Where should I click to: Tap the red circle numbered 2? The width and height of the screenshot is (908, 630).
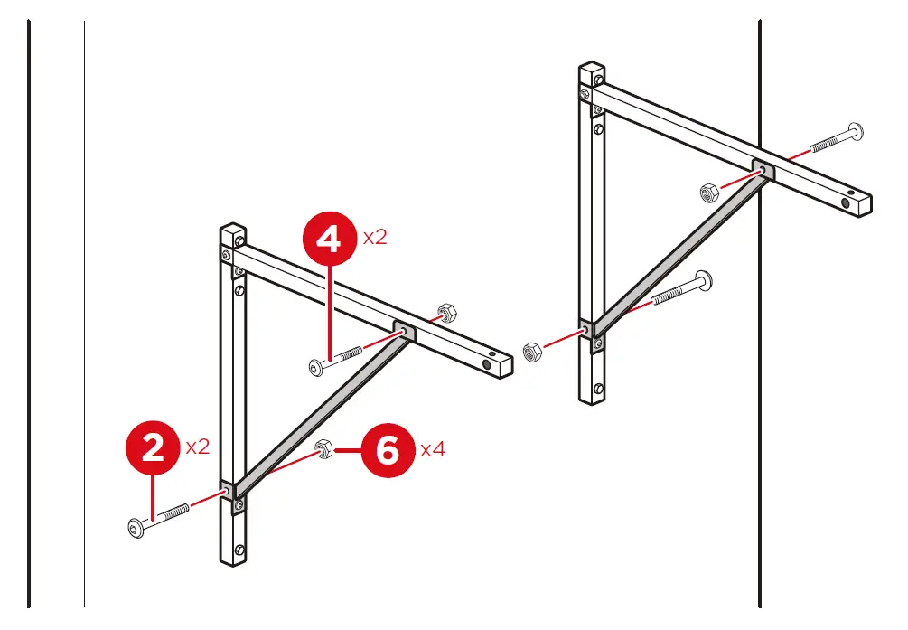click(154, 447)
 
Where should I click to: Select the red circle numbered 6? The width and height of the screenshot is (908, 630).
click(387, 449)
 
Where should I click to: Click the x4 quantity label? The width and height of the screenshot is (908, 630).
click(433, 449)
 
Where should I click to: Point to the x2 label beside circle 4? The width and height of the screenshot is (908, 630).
click(375, 239)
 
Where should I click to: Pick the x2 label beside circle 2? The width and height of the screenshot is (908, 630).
click(198, 447)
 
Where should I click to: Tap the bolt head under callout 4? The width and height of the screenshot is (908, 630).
click(314, 366)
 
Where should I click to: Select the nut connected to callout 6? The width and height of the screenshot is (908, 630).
click(322, 448)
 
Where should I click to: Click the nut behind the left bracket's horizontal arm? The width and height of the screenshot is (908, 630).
click(445, 313)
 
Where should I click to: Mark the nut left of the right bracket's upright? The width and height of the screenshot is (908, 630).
click(533, 350)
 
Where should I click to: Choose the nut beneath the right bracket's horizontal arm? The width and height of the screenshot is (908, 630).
click(708, 192)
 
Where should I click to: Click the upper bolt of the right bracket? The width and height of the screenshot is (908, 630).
click(853, 131)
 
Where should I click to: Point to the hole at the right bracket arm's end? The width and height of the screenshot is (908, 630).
click(847, 205)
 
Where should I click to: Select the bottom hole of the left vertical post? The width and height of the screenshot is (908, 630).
click(239, 550)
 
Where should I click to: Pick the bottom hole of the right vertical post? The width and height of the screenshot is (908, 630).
click(599, 389)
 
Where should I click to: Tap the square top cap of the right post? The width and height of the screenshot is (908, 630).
click(592, 69)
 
